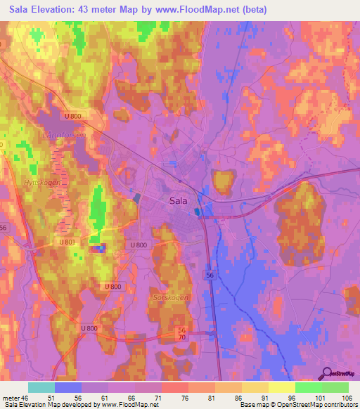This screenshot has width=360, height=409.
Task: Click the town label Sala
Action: point(178,200)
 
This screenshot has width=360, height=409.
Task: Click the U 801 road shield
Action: point(67,242)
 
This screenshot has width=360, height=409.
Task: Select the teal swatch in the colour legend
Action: point(41,387)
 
